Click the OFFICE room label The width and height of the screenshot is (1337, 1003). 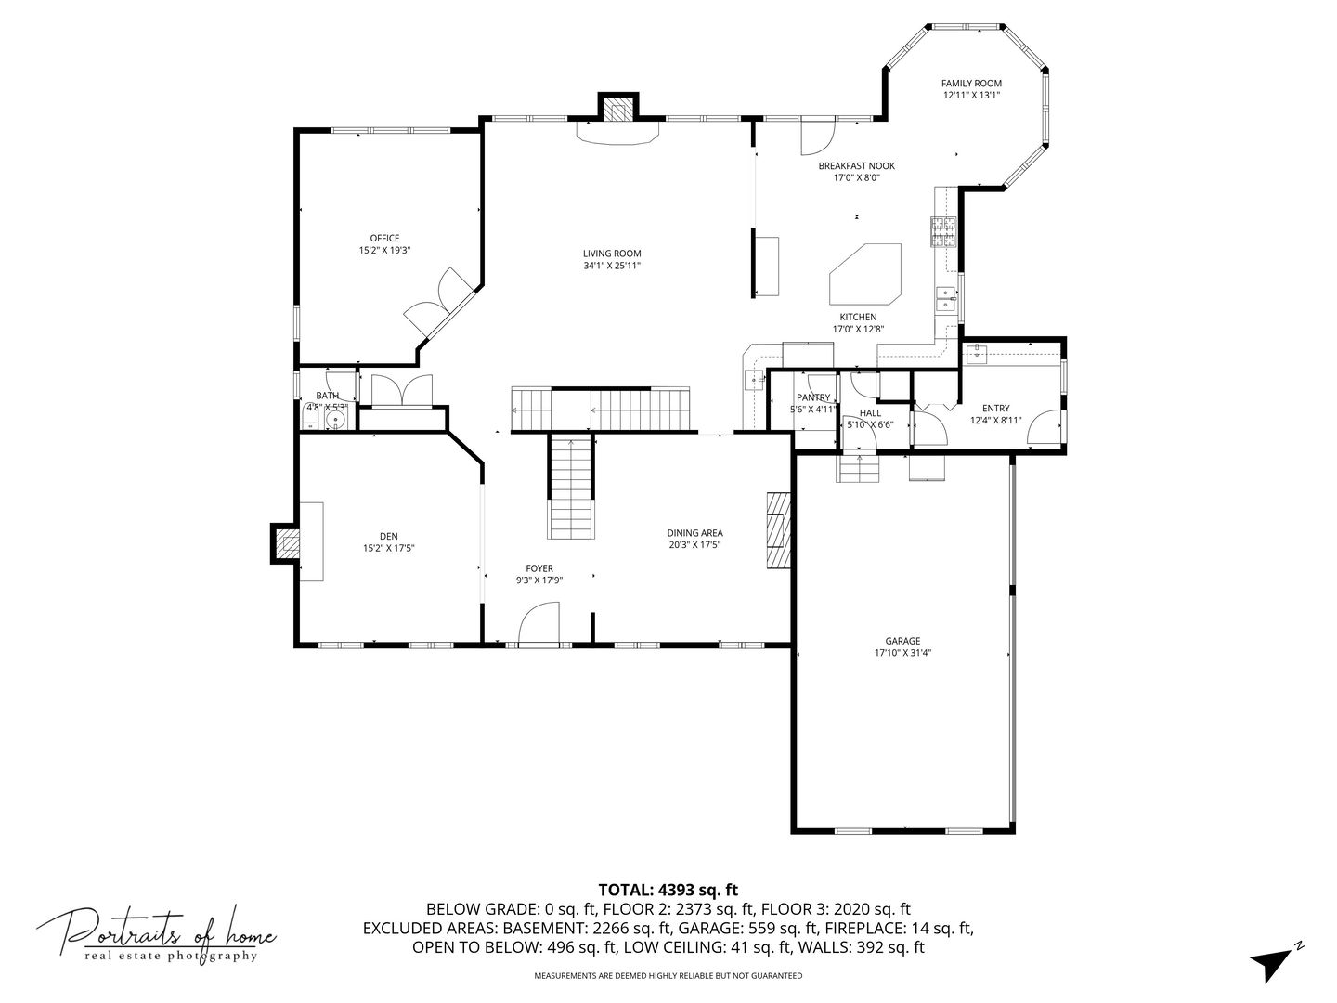point(384,238)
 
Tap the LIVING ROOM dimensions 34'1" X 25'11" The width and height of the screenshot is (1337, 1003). point(612,266)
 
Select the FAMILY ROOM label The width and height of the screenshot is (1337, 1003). point(971,84)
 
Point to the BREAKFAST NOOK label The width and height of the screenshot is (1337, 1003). point(856,165)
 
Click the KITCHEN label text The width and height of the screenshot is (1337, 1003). point(858,318)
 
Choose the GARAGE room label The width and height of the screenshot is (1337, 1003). point(902,641)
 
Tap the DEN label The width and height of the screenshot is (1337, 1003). point(389,537)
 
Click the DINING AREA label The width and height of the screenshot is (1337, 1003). point(694,533)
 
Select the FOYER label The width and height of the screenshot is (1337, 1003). point(539,568)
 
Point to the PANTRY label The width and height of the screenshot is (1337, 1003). point(813,397)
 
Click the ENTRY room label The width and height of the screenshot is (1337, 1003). point(995,408)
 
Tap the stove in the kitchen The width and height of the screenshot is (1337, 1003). point(942,232)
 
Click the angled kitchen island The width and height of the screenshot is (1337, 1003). point(865,274)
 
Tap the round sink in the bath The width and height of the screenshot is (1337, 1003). point(334,420)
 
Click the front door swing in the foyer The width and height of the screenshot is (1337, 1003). point(539,622)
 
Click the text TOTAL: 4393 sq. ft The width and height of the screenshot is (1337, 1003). point(668,891)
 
